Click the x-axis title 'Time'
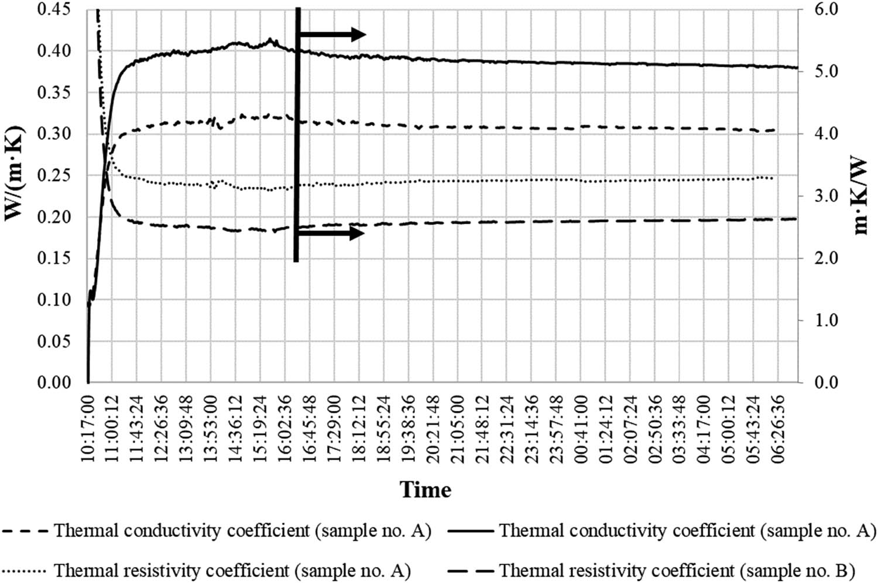coord(426,489)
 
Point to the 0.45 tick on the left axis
coord(54,9)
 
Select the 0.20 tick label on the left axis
coord(54,217)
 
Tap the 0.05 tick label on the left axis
coord(54,341)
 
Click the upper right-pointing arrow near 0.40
coord(332,35)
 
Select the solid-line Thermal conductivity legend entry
coord(661,531)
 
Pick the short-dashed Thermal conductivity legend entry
coord(217,531)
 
